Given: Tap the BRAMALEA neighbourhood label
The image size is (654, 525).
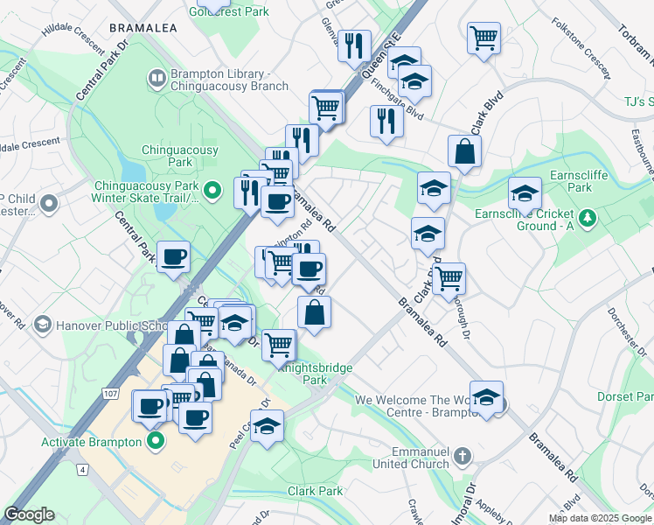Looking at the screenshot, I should (143, 28).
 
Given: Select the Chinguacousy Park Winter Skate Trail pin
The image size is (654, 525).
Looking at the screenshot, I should (212, 189).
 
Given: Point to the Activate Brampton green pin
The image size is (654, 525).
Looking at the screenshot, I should (157, 440).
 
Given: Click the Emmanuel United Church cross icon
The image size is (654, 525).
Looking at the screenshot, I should (463, 456).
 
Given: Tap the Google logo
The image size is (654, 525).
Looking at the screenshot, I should (30, 514).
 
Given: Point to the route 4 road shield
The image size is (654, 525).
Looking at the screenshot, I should (82, 470).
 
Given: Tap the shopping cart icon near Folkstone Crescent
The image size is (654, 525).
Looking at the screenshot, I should (484, 38).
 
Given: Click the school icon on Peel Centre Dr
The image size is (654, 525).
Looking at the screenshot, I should (268, 426).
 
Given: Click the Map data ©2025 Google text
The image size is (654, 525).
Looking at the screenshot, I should (600, 518).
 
